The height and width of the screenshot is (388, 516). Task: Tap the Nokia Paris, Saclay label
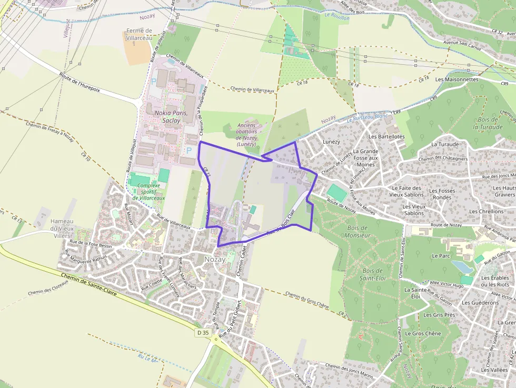(x=167, y=116)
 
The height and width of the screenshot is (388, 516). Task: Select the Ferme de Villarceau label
(x=139, y=34)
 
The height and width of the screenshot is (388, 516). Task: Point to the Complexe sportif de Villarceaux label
(x=148, y=192)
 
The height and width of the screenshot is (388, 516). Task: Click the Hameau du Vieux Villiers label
(x=62, y=228)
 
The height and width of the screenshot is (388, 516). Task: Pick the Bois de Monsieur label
(x=359, y=231)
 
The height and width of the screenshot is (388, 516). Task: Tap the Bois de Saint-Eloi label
(x=371, y=274)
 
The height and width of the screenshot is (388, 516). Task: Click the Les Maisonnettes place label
(x=457, y=79)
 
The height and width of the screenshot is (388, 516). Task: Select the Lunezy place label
(x=332, y=142)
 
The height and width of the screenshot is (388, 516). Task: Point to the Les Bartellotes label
(x=386, y=136)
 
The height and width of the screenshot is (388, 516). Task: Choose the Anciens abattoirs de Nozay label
(x=246, y=134)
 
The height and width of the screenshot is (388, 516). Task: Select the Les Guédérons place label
(x=480, y=303)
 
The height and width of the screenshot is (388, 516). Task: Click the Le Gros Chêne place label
(x=423, y=334)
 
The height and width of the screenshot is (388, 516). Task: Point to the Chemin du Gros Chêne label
(x=307, y=300)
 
